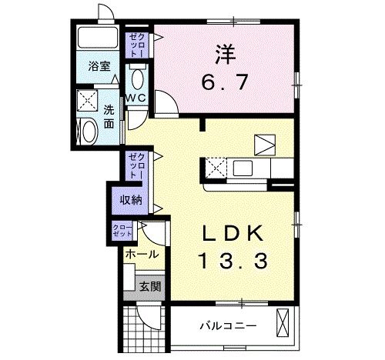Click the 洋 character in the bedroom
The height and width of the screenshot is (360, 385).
pyautogui.click(x=226, y=55)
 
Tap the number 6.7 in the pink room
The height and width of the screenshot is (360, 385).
pyautogui.click(x=225, y=82)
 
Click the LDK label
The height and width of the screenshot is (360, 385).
pyautogui.click(x=233, y=233)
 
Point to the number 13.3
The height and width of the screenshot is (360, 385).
pyautogui.click(x=233, y=261)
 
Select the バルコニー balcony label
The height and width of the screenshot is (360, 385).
pyautogui.click(x=228, y=326)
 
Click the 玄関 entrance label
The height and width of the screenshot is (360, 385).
pyautogui.click(x=150, y=287)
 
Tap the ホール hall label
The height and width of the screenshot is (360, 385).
pyautogui.click(x=142, y=255)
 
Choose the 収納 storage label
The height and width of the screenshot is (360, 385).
pyautogui.click(x=131, y=200)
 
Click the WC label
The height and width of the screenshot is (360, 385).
pyautogui.click(x=136, y=98)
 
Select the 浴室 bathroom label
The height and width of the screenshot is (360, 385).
pyautogui.click(x=99, y=66)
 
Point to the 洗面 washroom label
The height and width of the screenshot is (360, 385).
pyautogui.click(x=109, y=117)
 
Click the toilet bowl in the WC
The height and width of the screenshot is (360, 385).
pyautogui.click(x=138, y=79)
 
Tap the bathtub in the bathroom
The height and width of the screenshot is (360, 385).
pyautogui.click(x=98, y=38)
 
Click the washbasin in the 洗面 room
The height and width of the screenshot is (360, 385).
pyautogui.click(x=89, y=132)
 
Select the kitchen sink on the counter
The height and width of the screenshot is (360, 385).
pyautogui.click(x=243, y=168)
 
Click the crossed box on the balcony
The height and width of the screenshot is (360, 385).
pyautogui.click(x=283, y=322)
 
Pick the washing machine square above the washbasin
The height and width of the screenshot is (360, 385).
pyautogui.click(x=88, y=100)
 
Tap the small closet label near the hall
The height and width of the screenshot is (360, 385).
pyautogui.click(x=122, y=231)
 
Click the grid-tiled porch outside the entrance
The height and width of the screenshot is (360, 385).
pyautogui.click(x=144, y=329)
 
